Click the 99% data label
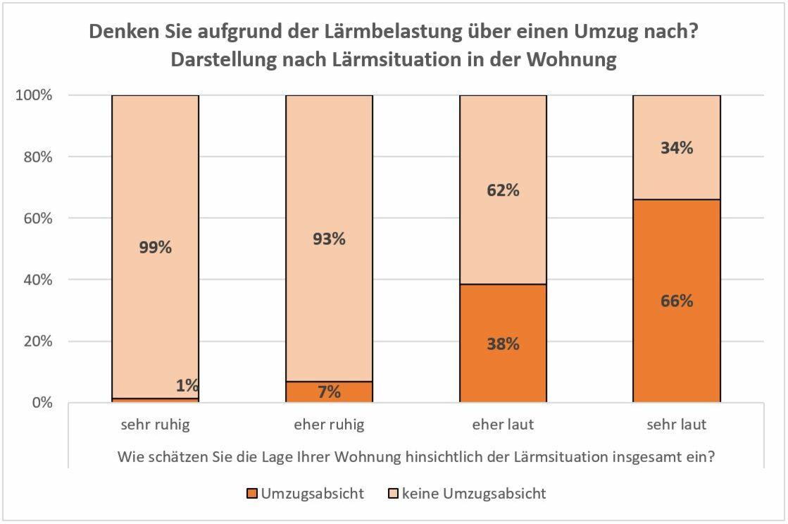coord(155,247)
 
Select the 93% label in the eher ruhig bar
coord(329,239)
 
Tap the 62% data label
coord(503,190)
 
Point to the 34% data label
coord(677,148)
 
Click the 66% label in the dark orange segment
coord(677,301)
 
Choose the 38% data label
coord(503,344)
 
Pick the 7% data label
coord(329,392)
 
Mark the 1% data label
coord(187,385)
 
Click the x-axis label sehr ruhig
coord(155,425)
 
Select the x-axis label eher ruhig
coord(329,425)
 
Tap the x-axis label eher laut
coord(503,425)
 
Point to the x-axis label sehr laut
coord(677,425)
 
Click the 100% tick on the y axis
coord(34,95)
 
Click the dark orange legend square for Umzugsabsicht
coord(252,494)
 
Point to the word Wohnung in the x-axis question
coord(375,456)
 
